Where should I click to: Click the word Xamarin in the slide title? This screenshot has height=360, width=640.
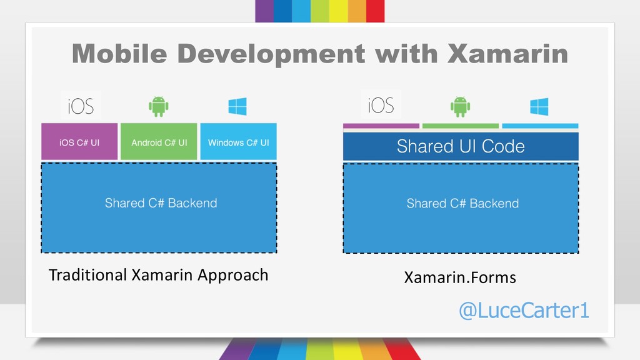507,54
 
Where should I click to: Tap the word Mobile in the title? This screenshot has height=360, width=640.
119,54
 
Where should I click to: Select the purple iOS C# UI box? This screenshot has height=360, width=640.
79,141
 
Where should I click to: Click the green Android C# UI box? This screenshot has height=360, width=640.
159,141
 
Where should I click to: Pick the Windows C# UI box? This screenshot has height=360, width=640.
238,141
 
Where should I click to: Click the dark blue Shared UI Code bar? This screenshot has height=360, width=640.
461,146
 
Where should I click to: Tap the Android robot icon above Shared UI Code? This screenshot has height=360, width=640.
461,106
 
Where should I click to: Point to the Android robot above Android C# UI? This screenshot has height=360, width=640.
159,106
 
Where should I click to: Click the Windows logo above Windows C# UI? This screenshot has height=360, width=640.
237,106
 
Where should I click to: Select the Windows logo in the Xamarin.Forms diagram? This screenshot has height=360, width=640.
539,106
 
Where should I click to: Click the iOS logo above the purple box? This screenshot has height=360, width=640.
81,106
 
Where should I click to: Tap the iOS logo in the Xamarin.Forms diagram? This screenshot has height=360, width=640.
381,105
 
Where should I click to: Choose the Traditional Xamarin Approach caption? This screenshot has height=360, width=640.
158,275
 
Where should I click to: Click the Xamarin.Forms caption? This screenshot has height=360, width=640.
460,277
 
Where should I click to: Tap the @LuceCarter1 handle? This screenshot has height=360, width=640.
524,310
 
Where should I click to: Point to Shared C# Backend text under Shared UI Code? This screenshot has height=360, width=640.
462,203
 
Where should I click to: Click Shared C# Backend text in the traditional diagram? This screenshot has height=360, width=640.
161,203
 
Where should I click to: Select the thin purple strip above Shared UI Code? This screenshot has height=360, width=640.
381,126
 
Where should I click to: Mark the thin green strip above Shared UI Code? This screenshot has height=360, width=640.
461,126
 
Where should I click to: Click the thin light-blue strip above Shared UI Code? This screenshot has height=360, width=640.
540,126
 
